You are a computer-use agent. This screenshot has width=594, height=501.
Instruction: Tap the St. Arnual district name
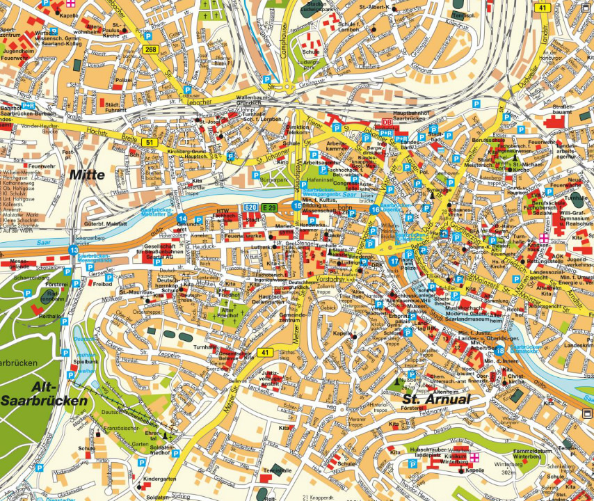tap(436, 399)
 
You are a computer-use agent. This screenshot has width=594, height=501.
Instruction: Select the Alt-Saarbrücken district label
tap(44, 395)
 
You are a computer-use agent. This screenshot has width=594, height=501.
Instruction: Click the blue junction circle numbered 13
tap(74, 250)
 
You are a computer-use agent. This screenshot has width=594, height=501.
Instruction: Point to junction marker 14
tap(182, 218)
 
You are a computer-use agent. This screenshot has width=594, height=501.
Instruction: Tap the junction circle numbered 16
tap(375, 209)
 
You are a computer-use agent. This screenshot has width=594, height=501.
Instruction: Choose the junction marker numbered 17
tap(394, 261)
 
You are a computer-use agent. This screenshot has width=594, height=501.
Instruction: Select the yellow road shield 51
tap(149, 143)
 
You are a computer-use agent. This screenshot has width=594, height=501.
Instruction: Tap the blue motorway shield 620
tap(250, 208)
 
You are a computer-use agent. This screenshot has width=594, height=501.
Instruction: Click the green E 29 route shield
tap(269, 208)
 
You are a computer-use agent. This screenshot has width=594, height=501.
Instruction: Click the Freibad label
tap(102, 284)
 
